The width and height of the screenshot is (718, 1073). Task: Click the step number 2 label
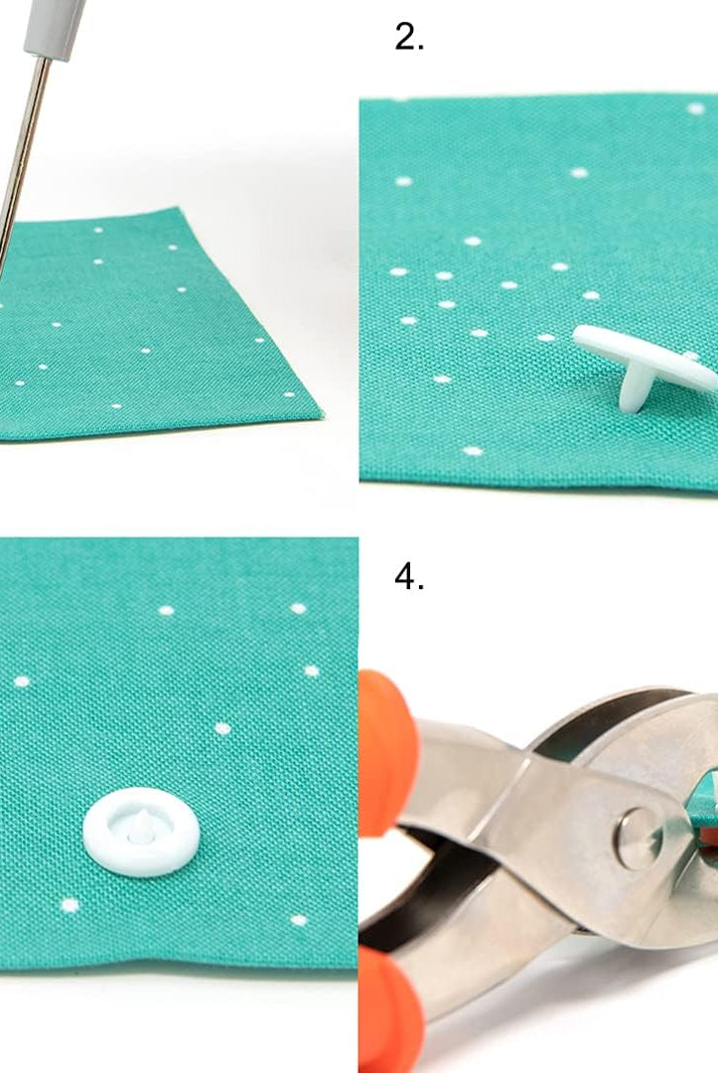(x=408, y=37)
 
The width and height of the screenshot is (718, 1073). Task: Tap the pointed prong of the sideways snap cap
(x=633, y=393)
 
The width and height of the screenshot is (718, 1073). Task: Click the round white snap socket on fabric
(x=142, y=833)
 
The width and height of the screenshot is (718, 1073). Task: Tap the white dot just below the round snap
(x=70, y=906)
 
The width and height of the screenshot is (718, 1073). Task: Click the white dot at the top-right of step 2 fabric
(x=696, y=109)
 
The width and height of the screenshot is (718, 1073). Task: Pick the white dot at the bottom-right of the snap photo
(x=299, y=920)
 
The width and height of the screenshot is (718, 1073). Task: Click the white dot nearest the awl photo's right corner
(x=289, y=394)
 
